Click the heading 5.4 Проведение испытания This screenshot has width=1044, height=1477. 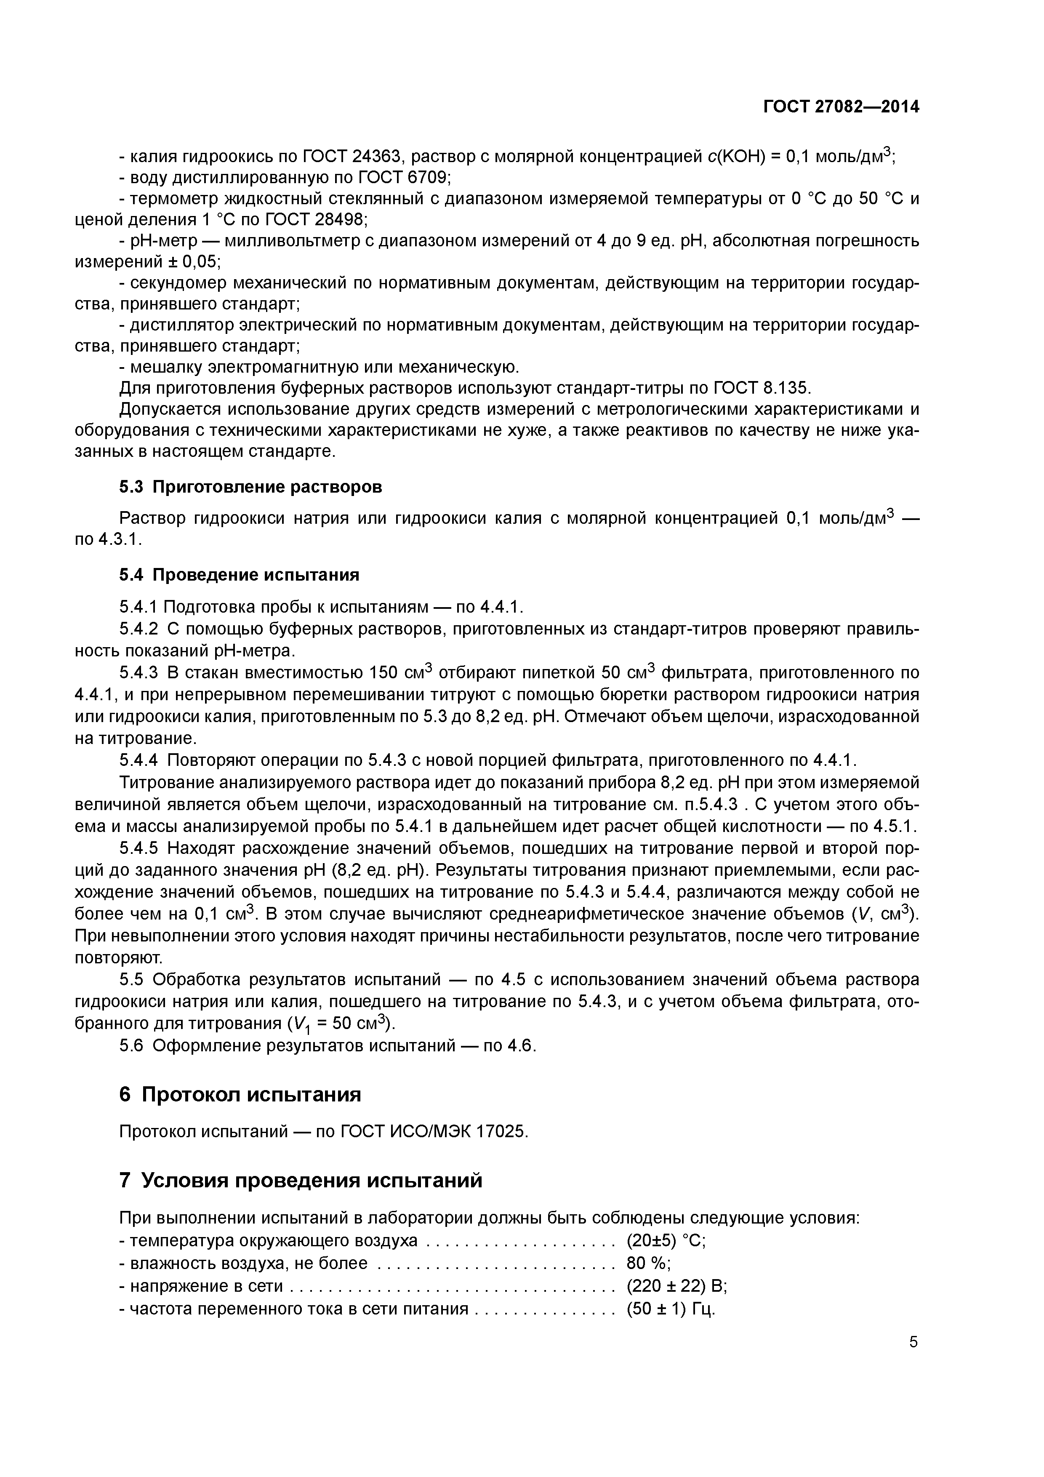click(x=239, y=574)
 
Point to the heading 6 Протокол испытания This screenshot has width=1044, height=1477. click(x=240, y=1094)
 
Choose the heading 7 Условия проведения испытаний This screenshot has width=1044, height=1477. click(x=301, y=1181)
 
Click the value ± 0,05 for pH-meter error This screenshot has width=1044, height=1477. click(x=192, y=262)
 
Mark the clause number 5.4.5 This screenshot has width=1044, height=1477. click(x=138, y=848)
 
